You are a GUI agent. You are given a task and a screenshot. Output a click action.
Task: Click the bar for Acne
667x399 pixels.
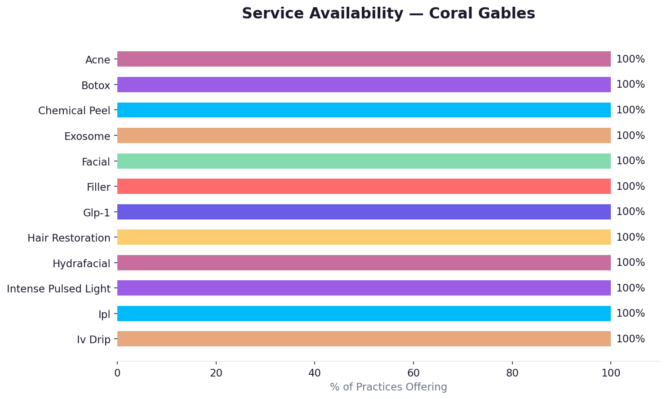[x=364, y=59]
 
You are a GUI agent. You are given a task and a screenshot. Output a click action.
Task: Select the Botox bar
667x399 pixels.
[x=364, y=85]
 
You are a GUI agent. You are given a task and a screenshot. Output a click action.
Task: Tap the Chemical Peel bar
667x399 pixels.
[x=364, y=110]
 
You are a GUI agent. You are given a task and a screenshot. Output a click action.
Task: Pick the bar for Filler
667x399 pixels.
[x=364, y=186]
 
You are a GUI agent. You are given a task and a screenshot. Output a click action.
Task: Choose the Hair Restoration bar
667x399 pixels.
[x=364, y=237]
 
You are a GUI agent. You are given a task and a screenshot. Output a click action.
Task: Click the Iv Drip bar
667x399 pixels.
[x=364, y=339]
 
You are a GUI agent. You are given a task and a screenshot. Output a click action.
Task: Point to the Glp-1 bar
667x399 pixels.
[x=364, y=212]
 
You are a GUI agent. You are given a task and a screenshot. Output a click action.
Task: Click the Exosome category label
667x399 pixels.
[x=87, y=136]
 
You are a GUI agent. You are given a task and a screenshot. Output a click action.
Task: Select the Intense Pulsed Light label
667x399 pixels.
[x=58, y=289]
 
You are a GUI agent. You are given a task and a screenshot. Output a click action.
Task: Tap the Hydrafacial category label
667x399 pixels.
[x=81, y=264]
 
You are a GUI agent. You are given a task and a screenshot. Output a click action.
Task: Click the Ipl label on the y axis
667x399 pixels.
[x=104, y=314]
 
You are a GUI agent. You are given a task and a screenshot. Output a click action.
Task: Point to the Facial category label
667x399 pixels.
[x=96, y=162]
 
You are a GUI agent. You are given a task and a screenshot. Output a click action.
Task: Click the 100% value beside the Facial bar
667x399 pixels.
[x=630, y=161]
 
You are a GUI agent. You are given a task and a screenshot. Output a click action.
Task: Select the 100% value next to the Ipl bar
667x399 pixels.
[x=630, y=314]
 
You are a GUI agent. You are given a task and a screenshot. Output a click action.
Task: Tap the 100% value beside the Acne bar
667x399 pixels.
[x=630, y=59]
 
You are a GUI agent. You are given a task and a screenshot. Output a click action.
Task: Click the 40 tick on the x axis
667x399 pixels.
[x=315, y=373]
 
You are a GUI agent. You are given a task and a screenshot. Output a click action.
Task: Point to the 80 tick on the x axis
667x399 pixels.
[x=512, y=373]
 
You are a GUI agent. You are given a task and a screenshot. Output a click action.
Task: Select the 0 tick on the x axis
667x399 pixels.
[x=117, y=373]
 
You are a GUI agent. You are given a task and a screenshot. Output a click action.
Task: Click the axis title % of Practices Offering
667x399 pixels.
[x=388, y=387]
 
